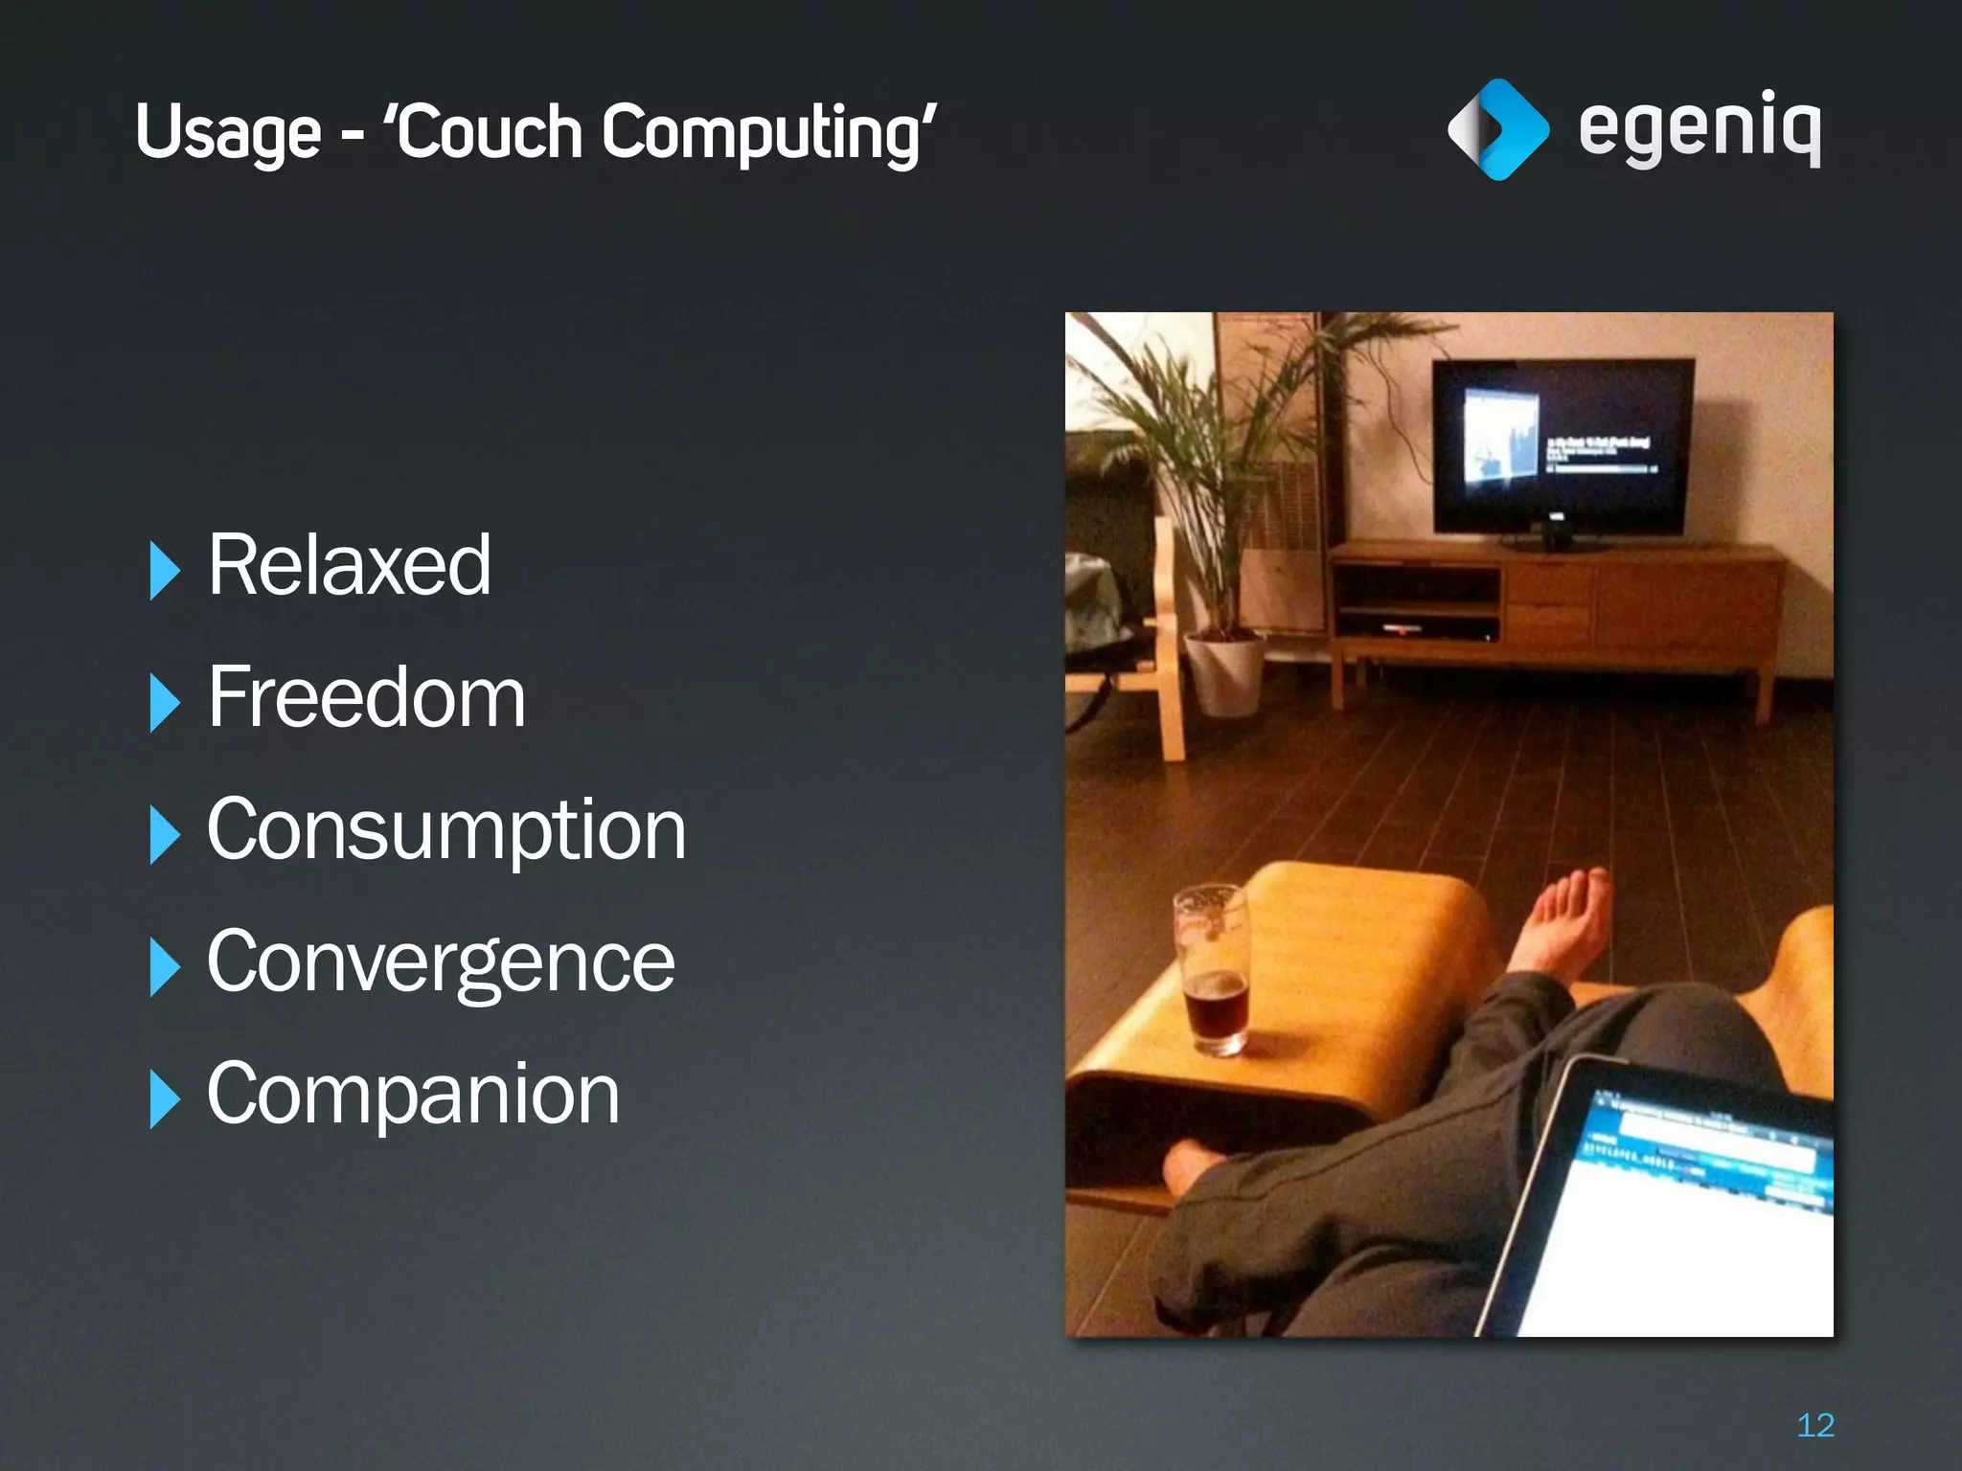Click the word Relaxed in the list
pos(349,566)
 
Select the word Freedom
pos(366,698)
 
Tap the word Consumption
pos(446,830)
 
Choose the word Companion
pos(413,1094)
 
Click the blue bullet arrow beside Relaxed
pos(164,571)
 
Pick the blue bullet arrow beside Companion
pos(164,1099)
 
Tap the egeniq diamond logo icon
pos(1497,129)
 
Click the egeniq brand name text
pos(1700,127)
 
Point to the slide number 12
pos(1814,1425)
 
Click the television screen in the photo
pos(1562,445)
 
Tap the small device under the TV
pos(1555,532)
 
